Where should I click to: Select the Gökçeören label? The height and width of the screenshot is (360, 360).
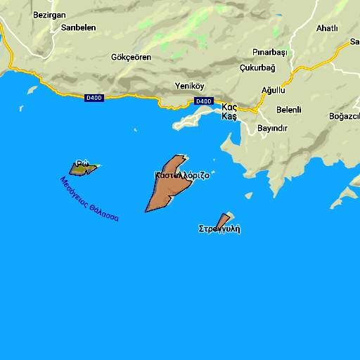(x=131, y=57)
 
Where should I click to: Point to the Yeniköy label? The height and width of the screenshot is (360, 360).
(x=189, y=86)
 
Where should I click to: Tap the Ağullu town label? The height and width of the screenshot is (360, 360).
(x=274, y=90)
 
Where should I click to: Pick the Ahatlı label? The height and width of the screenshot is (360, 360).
(x=327, y=28)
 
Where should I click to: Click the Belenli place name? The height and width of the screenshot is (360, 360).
(x=288, y=110)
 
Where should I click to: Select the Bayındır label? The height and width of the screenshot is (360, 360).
(x=273, y=128)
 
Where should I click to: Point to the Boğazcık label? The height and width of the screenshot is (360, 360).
(x=345, y=116)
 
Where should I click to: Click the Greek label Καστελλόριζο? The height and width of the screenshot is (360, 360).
(x=181, y=176)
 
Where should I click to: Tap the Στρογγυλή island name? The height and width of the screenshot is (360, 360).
(x=219, y=229)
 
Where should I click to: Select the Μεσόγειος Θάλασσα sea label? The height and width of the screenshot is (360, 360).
(x=89, y=199)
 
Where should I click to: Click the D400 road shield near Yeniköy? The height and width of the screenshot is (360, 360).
(x=203, y=101)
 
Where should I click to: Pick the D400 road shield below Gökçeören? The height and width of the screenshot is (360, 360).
(x=94, y=98)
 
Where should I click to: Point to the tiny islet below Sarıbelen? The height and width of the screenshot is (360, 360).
(x=32, y=89)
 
